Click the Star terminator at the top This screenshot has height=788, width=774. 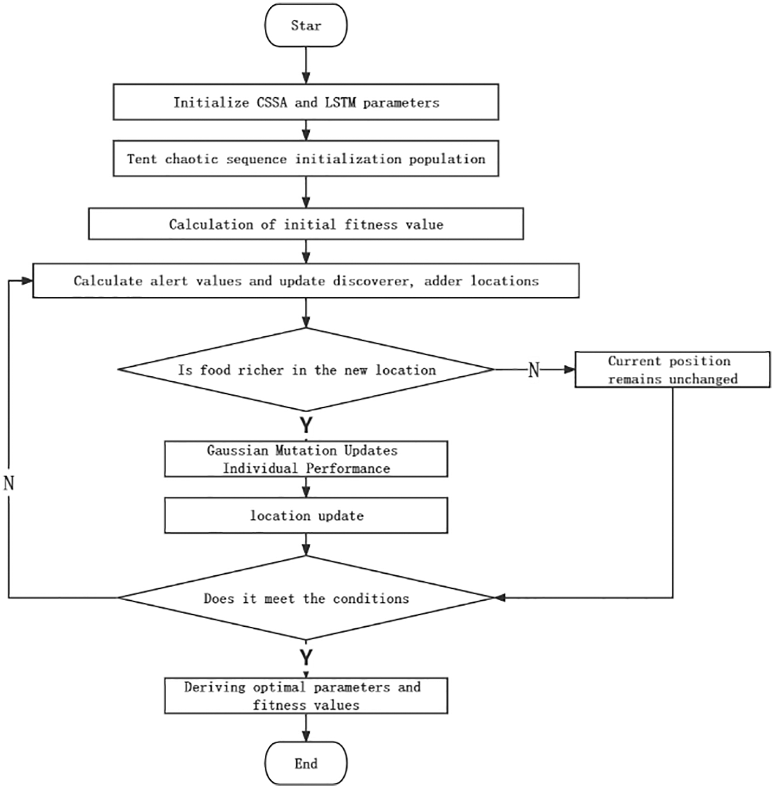tap(306, 26)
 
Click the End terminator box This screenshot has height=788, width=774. tap(306, 763)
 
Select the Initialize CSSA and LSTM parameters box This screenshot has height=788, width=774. tap(306, 102)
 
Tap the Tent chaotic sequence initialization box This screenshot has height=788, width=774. tap(306, 159)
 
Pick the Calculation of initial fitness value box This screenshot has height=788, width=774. tap(306, 224)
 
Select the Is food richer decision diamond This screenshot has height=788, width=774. tap(306, 370)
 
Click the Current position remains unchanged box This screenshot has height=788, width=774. tap(672, 370)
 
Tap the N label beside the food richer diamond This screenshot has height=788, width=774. tap(534, 370)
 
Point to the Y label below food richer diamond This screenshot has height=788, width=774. tap(306, 426)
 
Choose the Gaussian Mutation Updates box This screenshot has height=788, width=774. tap(306, 459)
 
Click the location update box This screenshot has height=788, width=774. tap(306, 516)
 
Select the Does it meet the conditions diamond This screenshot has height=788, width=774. tap(306, 598)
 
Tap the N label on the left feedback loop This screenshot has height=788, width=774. tap(9, 483)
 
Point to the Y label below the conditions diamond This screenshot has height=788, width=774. tap(306, 657)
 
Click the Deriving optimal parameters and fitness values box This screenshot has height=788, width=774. tap(306, 696)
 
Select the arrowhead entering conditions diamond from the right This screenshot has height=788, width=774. tap(500, 598)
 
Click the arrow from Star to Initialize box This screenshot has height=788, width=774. tap(306, 65)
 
